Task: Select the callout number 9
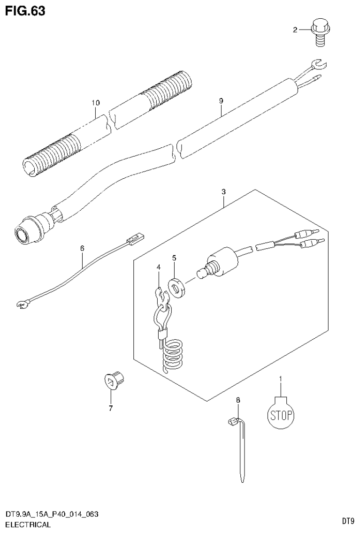point(221,100)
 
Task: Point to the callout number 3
point(224,192)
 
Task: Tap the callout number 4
point(159,267)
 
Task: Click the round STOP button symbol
point(281,414)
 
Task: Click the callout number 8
point(237,400)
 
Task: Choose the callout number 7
point(111,408)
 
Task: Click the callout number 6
point(82,248)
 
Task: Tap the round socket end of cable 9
point(23,233)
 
